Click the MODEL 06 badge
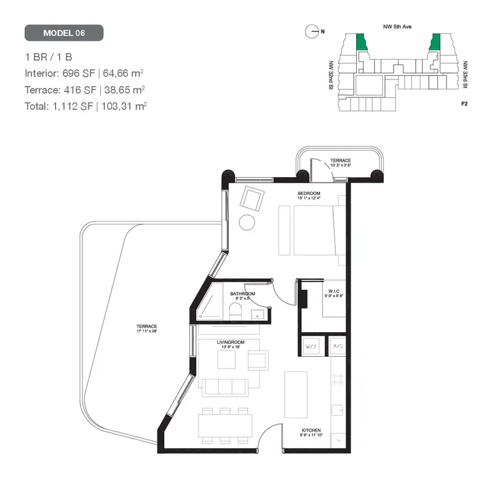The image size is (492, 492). tap(64, 33)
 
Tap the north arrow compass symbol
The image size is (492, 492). tap(313, 30)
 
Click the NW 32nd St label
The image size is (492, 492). tap(331, 74)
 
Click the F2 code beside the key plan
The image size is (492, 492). tap(464, 103)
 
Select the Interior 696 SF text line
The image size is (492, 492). tap(84, 73)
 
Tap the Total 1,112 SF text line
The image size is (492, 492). tap(85, 106)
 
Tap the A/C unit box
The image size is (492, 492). tap(338, 347)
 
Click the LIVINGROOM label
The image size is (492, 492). tap(231, 342)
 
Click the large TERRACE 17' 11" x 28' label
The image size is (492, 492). tap(147, 328)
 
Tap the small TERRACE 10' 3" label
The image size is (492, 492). tap(340, 162)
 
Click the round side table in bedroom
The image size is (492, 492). tap(247, 222)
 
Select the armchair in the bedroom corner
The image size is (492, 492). tap(251, 198)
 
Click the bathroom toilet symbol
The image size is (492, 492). tap(236, 313)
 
